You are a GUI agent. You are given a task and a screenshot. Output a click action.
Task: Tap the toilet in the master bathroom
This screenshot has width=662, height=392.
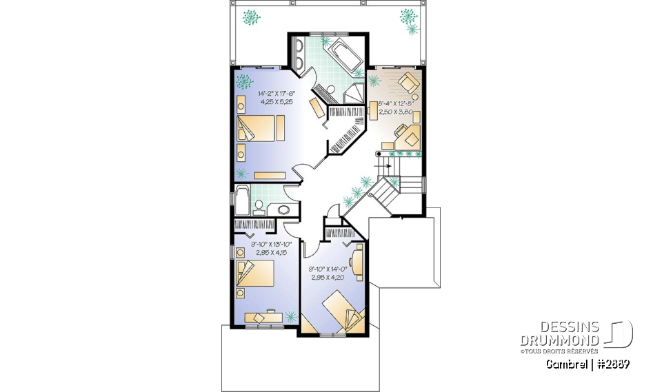(x=330, y=90)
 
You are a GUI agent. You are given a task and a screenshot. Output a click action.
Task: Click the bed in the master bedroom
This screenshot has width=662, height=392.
(x=261, y=128)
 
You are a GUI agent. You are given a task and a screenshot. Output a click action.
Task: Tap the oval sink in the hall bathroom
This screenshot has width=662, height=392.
(x=283, y=209)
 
